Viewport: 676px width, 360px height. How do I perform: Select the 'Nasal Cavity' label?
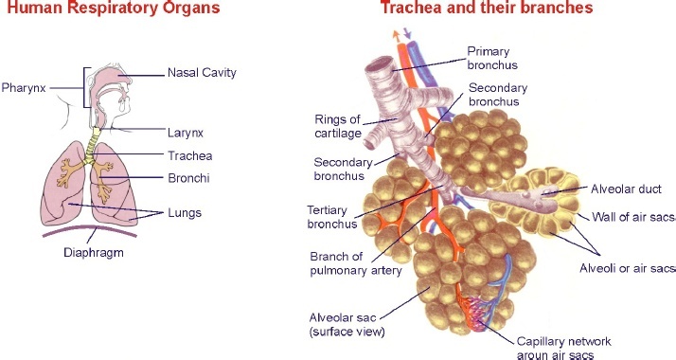coord(202,72)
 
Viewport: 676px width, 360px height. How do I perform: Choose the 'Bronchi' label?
coord(188,177)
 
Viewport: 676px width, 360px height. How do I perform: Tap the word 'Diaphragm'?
coord(94,253)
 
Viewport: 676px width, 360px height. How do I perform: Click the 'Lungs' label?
coord(185,213)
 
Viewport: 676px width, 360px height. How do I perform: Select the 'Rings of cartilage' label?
coord(337,126)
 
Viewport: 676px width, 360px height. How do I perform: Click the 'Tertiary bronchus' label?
coord(331,217)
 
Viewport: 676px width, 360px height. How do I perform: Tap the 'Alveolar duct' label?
coord(626,189)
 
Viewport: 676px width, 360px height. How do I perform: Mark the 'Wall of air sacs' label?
coord(633,217)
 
